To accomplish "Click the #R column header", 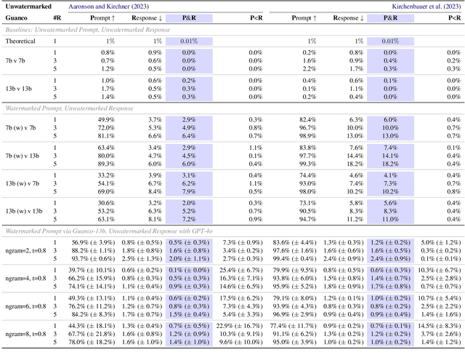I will coord(57,17).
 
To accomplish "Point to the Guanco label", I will coord(17,17).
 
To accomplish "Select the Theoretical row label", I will coord(20,41).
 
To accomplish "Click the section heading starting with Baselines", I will coord(88,29).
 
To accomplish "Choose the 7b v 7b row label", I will coord(20,61).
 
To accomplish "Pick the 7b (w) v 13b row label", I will coord(25,154).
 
